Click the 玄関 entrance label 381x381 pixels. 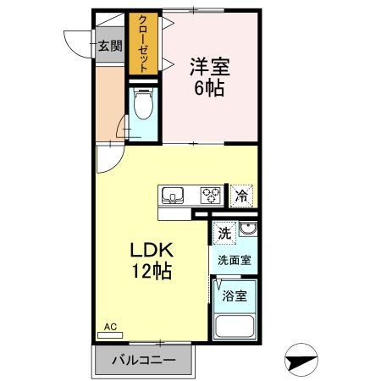[x=109, y=47]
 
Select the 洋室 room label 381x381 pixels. [x=209, y=66]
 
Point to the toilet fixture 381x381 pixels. [x=144, y=107]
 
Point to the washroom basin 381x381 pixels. [x=246, y=231]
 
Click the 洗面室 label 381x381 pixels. [x=234, y=261]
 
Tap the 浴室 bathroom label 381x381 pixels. [x=235, y=295]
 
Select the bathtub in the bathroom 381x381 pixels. [x=236, y=327]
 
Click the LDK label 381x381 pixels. [x=152, y=251]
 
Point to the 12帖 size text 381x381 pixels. [x=152, y=273]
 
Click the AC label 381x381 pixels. [x=109, y=326]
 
